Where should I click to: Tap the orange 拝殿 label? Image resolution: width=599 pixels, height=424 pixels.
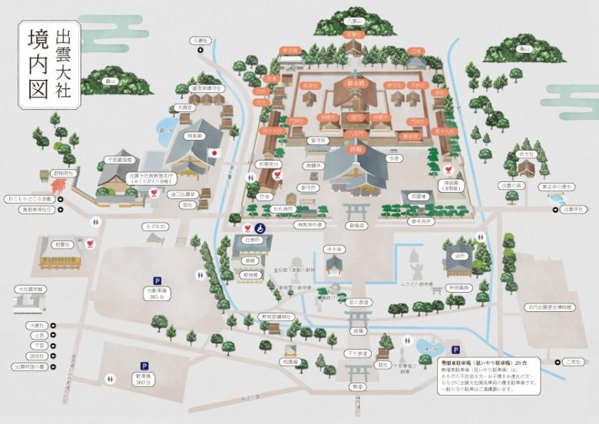tap(355, 151)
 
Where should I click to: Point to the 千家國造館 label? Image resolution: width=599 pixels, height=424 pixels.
tap(118, 160)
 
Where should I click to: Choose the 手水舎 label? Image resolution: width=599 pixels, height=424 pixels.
tap(333, 250)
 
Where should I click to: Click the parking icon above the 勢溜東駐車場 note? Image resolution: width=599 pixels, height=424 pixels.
tap(455, 348)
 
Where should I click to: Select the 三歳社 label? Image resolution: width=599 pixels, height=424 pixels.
tap(201, 40)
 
